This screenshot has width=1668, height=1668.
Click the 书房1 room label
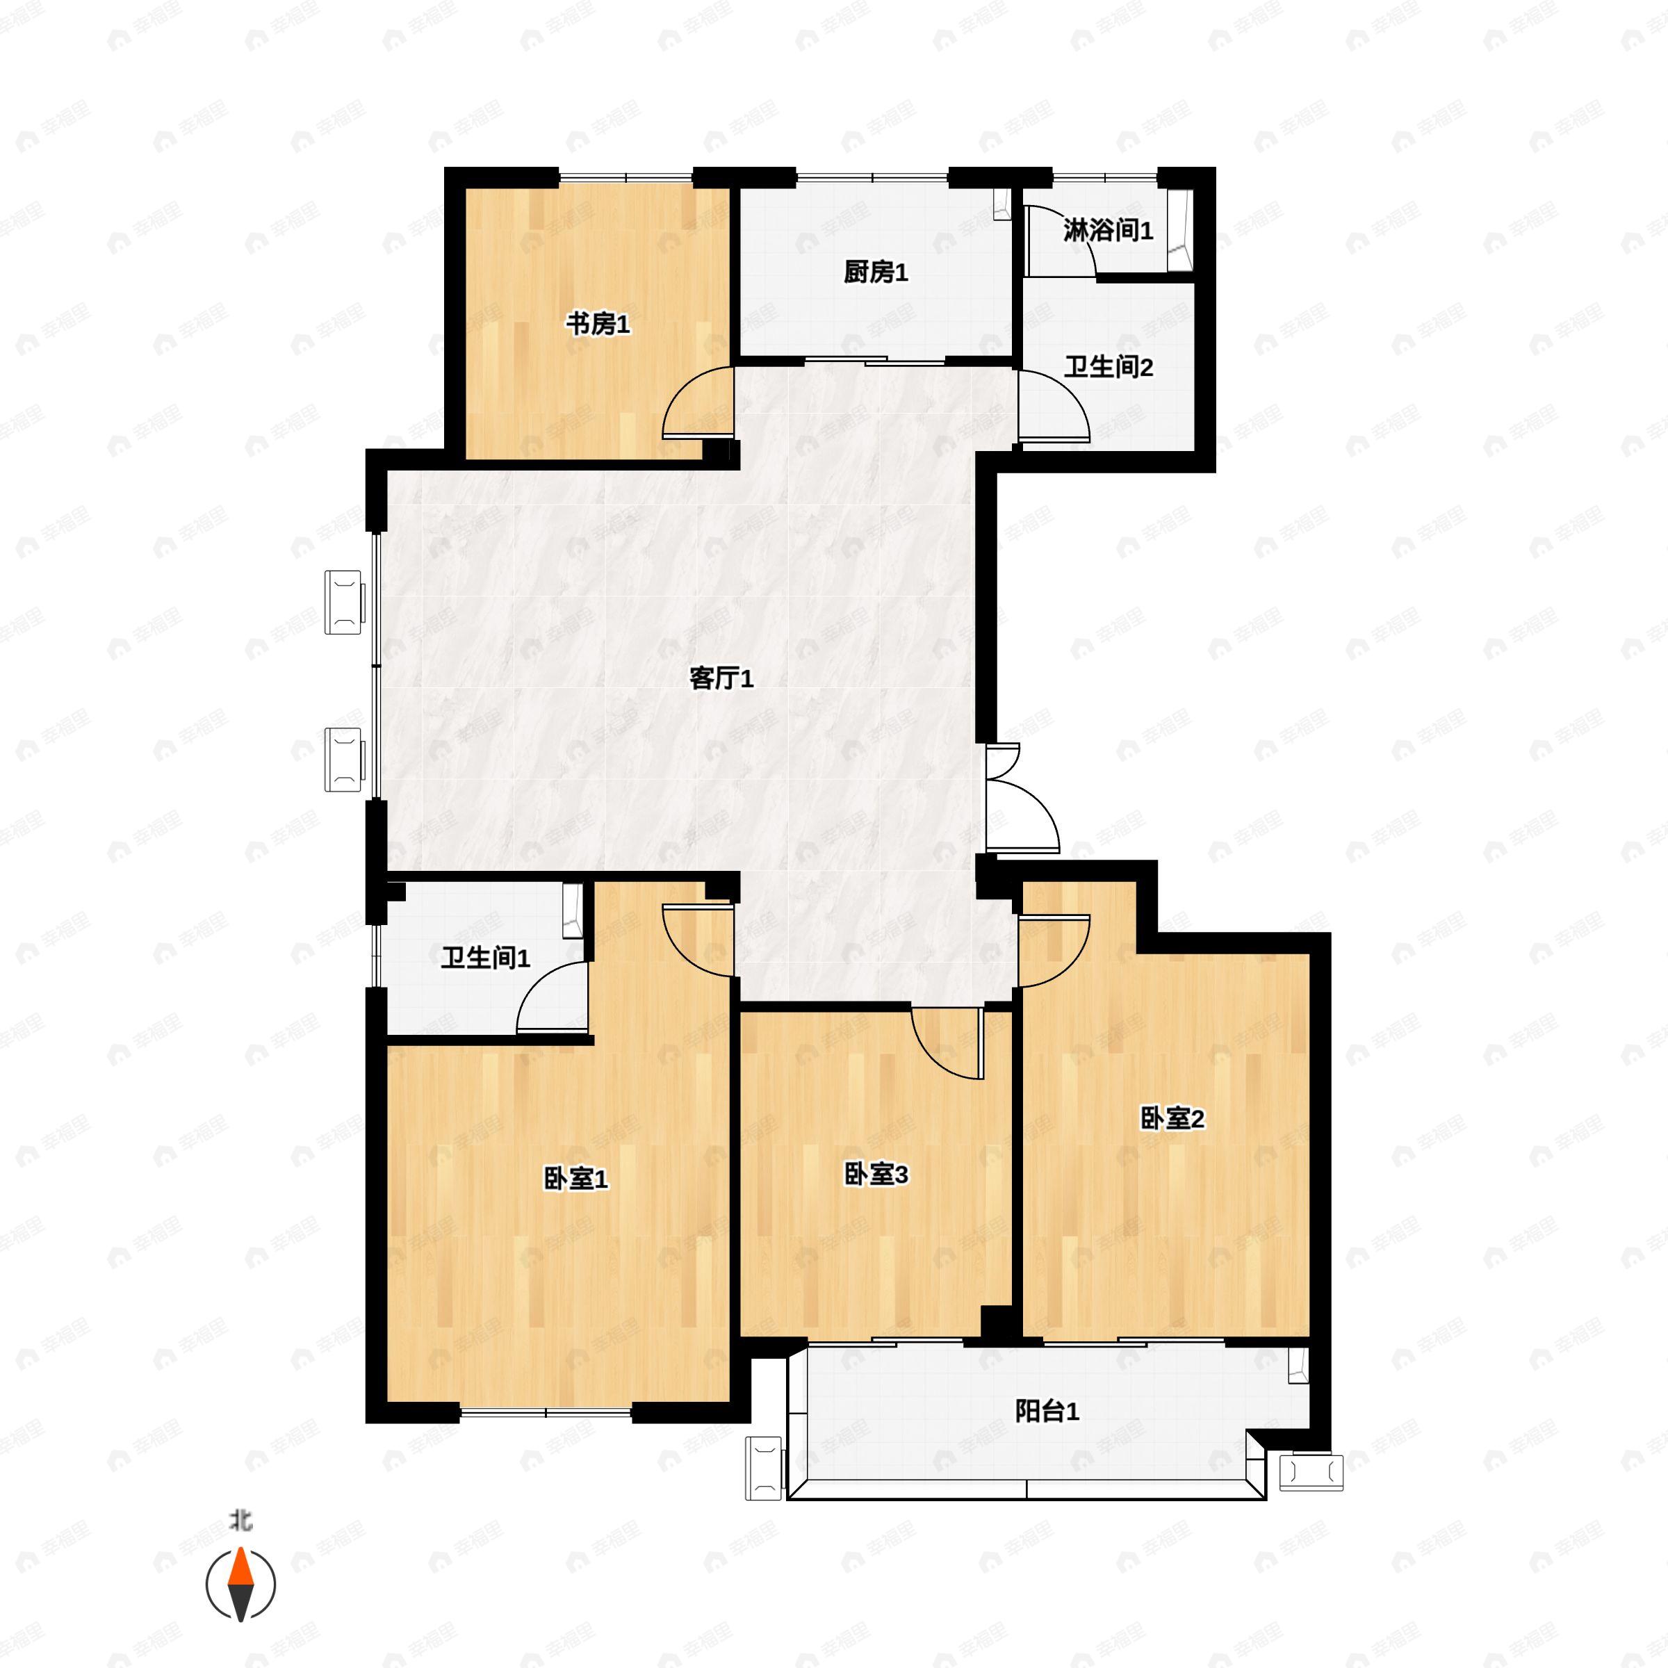(598, 325)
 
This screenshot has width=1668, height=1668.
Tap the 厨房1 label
(876, 273)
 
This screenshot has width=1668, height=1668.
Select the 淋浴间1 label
(1108, 231)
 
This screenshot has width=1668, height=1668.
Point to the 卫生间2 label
(1108, 367)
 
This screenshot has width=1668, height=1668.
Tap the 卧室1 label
(576, 1179)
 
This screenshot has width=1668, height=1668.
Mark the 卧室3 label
(876, 1174)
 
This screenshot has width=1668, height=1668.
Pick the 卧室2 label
(1172, 1119)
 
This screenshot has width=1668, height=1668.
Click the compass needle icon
(241, 1585)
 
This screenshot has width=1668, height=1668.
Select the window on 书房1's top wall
(626, 178)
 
